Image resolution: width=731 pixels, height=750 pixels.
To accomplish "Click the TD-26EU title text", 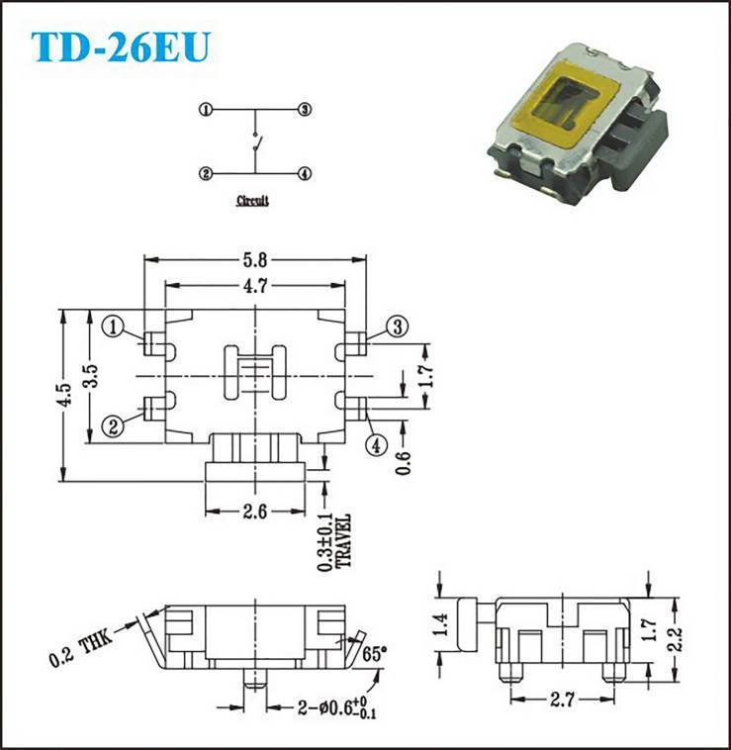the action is coord(121,47).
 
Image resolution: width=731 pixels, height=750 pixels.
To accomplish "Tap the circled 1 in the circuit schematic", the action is coord(206,110).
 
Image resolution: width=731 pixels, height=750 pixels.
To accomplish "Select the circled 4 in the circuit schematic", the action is coord(305,173).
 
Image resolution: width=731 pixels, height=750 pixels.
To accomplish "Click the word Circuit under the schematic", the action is coord(252,201).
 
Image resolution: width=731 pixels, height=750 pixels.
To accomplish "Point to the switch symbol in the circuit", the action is coord(256,142).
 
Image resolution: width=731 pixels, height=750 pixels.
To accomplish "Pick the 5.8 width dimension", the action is coord(255,260).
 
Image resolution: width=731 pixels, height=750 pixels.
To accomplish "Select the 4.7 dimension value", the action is coord(255,286).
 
